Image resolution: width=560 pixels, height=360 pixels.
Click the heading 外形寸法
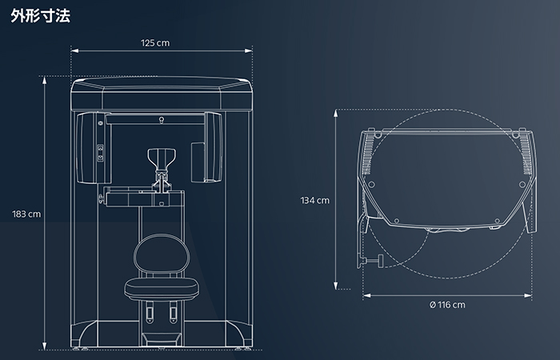(x=40, y=16)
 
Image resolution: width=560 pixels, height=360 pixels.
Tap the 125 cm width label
(x=155, y=43)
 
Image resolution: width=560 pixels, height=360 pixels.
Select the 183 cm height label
(x=26, y=214)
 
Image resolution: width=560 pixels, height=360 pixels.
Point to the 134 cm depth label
(x=314, y=200)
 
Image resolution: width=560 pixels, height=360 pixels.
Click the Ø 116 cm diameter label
(x=447, y=305)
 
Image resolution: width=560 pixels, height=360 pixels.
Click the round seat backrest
(x=162, y=254)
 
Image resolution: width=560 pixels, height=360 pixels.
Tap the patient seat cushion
(x=162, y=289)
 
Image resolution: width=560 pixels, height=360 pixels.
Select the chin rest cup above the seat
(x=162, y=160)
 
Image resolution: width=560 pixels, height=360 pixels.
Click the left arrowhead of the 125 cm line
(x=74, y=50)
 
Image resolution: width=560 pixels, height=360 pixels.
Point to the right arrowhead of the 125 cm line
(x=249, y=50)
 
